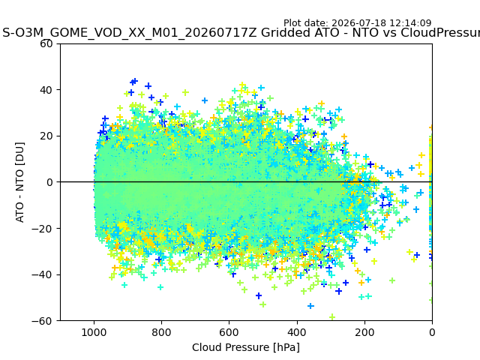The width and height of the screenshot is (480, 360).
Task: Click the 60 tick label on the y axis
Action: coord(46,43)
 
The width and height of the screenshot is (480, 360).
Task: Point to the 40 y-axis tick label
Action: coord(46,90)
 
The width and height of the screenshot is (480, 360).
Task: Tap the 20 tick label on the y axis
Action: coord(46,136)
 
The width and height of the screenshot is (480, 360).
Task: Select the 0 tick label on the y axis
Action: coord(49,182)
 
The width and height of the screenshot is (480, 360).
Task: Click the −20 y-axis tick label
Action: coord(42,229)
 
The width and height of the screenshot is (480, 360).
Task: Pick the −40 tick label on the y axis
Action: coord(42,275)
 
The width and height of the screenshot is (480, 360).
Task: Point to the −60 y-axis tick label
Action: coord(42,321)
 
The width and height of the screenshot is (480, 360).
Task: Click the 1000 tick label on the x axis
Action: coord(94,332)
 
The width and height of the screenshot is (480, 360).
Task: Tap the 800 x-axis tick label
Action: coord(161,332)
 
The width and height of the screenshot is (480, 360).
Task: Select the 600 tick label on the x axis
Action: coord(229,332)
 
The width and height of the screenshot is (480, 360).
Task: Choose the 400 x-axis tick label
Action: coord(297,332)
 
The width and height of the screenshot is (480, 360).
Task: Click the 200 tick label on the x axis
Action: coord(364,332)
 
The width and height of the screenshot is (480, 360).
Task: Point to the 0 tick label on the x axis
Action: coord(432,332)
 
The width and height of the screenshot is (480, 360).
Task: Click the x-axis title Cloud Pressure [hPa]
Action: coord(246,347)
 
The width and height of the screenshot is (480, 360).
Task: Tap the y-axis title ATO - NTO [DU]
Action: coord(19,182)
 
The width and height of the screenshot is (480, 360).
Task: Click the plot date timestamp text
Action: coord(358,23)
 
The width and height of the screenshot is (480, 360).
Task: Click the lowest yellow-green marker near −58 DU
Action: coord(332,317)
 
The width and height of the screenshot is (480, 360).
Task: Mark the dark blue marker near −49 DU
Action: coord(259,295)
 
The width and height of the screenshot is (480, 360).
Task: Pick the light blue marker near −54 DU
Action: coord(310,306)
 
